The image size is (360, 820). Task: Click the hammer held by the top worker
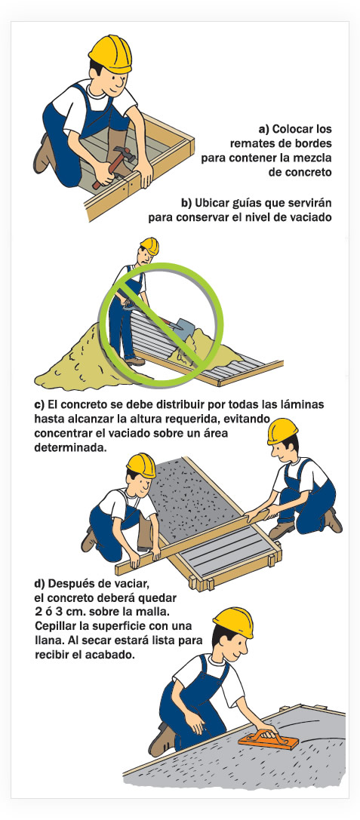tap(113, 166)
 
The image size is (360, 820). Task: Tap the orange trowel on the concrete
tap(269, 739)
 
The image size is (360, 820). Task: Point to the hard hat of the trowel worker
tap(234, 622)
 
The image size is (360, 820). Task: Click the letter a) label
tap(265, 129)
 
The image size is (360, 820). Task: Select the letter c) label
tap(39, 405)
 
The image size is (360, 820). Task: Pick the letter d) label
tap(40, 583)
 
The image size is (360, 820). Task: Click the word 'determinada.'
tap(66, 449)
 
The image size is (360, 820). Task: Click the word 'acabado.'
tap(112, 655)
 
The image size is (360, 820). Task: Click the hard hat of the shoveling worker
tap(150, 245)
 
